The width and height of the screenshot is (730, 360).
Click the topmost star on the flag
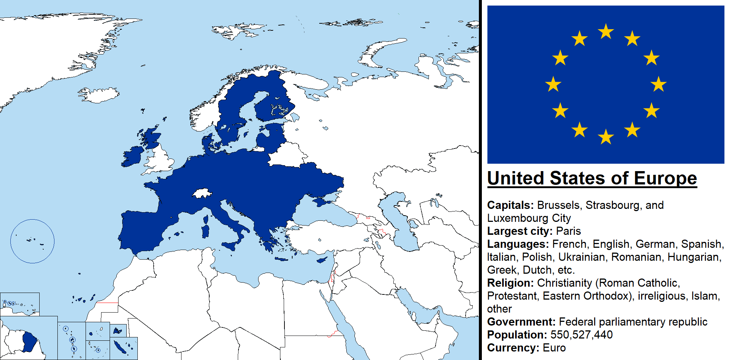(606, 31)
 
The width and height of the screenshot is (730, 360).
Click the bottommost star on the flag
(606, 137)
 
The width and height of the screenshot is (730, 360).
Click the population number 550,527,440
(581, 335)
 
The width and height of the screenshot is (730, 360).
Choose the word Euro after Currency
(554, 348)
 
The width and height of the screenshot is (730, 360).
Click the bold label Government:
(521, 322)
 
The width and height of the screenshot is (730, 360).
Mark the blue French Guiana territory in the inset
(29, 341)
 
